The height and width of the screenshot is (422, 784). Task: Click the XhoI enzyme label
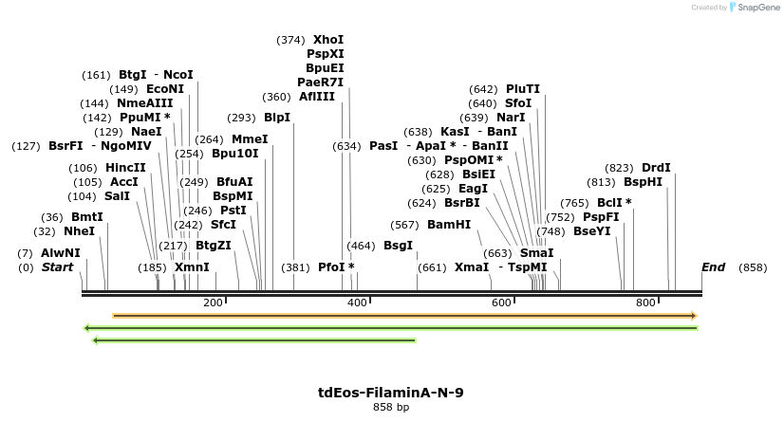click(328, 40)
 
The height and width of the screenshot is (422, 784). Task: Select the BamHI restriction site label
click(449, 225)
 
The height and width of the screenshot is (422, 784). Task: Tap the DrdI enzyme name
click(656, 168)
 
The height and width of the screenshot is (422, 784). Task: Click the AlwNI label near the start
click(61, 253)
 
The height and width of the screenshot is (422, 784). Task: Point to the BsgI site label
click(398, 246)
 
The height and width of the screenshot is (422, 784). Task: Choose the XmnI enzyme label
click(192, 267)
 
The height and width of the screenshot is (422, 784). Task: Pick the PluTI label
click(523, 89)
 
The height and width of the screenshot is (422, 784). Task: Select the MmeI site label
click(250, 139)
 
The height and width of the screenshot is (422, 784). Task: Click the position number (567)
click(404, 225)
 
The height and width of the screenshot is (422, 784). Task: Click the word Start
click(57, 267)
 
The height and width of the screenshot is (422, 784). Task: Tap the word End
click(713, 267)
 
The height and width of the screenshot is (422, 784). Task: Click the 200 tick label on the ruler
click(213, 303)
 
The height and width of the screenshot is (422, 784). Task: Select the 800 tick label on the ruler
click(645, 303)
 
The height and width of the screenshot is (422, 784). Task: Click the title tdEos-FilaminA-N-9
click(391, 392)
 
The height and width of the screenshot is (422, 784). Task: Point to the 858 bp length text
click(391, 407)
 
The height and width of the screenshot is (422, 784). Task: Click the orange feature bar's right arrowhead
click(694, 316)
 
